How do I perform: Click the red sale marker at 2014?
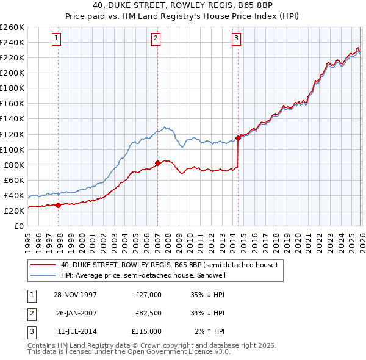(x=238, y=138)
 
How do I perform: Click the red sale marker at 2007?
(x=157, y=163)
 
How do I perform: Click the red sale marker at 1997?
(x=59, y=205)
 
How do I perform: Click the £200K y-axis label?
(x=12, y=73)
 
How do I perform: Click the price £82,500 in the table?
(x=148, y=313)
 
